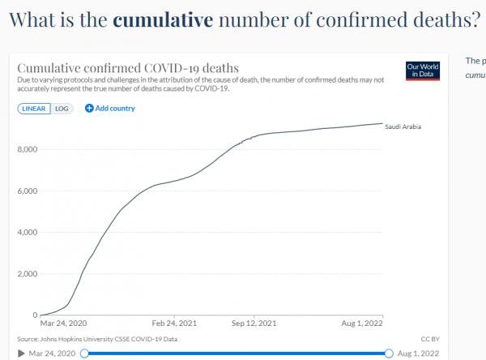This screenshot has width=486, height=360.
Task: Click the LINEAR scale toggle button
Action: [x=35, y=108]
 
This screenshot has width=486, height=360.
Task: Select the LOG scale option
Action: [x=62, y=108]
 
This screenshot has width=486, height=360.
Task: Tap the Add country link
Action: [x=110, y=108]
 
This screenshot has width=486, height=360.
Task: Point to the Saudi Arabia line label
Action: [x=403, y=126]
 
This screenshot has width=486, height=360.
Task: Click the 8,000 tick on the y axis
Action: [x=27, y=150]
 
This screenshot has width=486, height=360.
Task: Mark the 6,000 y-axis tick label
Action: [x=27, y=191]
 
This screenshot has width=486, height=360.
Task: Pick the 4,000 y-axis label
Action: [x=27, y=233]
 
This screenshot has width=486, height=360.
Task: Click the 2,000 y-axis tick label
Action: [x=27, y=274]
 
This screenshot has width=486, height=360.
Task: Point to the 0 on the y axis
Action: [x=34, y=315]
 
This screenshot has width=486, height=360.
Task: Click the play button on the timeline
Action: [x=20, y=354]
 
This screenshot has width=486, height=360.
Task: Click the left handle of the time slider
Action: [x=83, y=354]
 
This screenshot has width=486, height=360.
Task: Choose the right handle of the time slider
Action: [x=390, y=354]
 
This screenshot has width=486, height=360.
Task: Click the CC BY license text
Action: [x=430, y=339]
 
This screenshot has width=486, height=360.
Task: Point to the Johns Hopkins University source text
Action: [x=95, y=339]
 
